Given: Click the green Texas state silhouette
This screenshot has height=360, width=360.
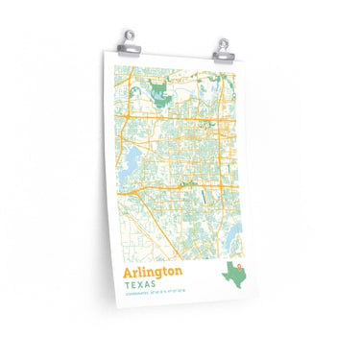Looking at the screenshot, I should pos(235,276).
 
